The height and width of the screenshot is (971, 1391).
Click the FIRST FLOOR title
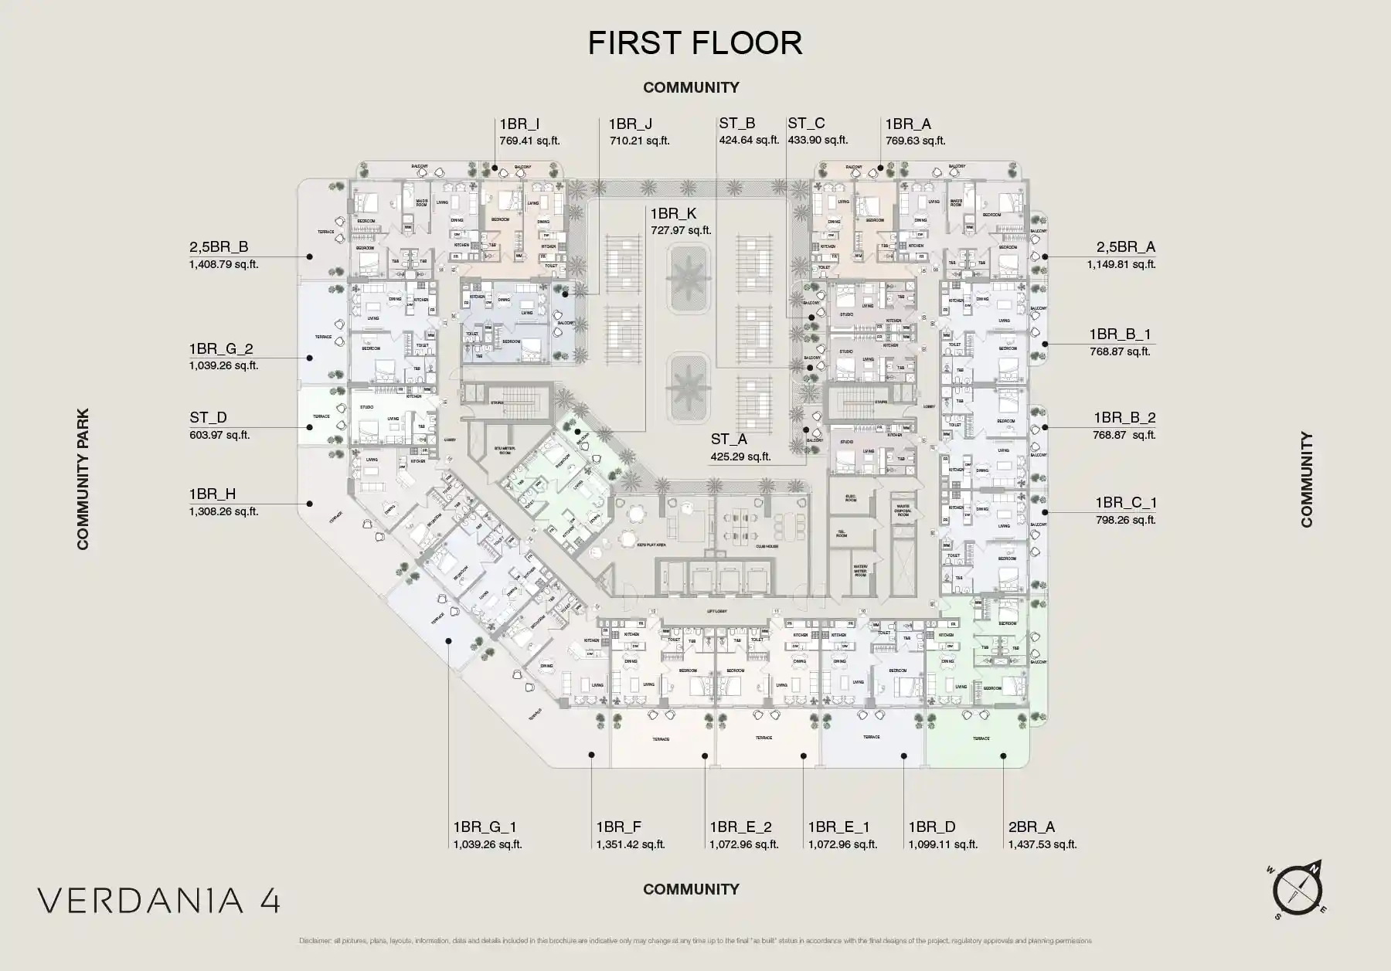pyautogui.click(x=695, y=43)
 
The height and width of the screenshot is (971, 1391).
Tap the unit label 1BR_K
pyautogui.click(x=673, y=214)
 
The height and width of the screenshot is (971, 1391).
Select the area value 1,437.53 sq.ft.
pyautogui.click(x=1042, y=844)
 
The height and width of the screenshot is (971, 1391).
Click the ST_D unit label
pyautogui.click(x=209, y=418)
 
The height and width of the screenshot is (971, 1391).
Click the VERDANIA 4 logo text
pyautogui.click(x=159, y=900)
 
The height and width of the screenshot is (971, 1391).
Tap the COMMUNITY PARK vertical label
pyautogui.click(x=83, y=479)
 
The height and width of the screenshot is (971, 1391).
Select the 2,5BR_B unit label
pyautogui.click(x=219, y=247)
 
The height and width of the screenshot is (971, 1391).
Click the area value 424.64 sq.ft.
pyautogui.click(x=749, y=141)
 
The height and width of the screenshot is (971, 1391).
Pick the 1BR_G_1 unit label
pyautogui.click(x=485, y=827)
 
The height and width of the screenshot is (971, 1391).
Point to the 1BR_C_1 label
pyautogui.click(x=1125, y=503)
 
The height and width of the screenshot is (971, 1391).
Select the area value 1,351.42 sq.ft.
pyautogui.click(x=630, y=844)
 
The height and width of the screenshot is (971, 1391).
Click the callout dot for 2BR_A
pyautogui.click(x=1003, y=756)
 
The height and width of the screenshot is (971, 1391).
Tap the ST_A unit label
pyautogui.click(x=729, y=440)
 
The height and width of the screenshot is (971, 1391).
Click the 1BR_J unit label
pyautogui.click(x=630, y=124)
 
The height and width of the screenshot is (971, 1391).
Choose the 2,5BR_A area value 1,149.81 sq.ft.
pyautogui.click(x=1121, y=264)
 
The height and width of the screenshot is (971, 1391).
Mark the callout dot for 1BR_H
pyautogui.click(x=309, y=504)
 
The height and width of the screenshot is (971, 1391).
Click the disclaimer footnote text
pyautogui.click(x=695, y=941)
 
